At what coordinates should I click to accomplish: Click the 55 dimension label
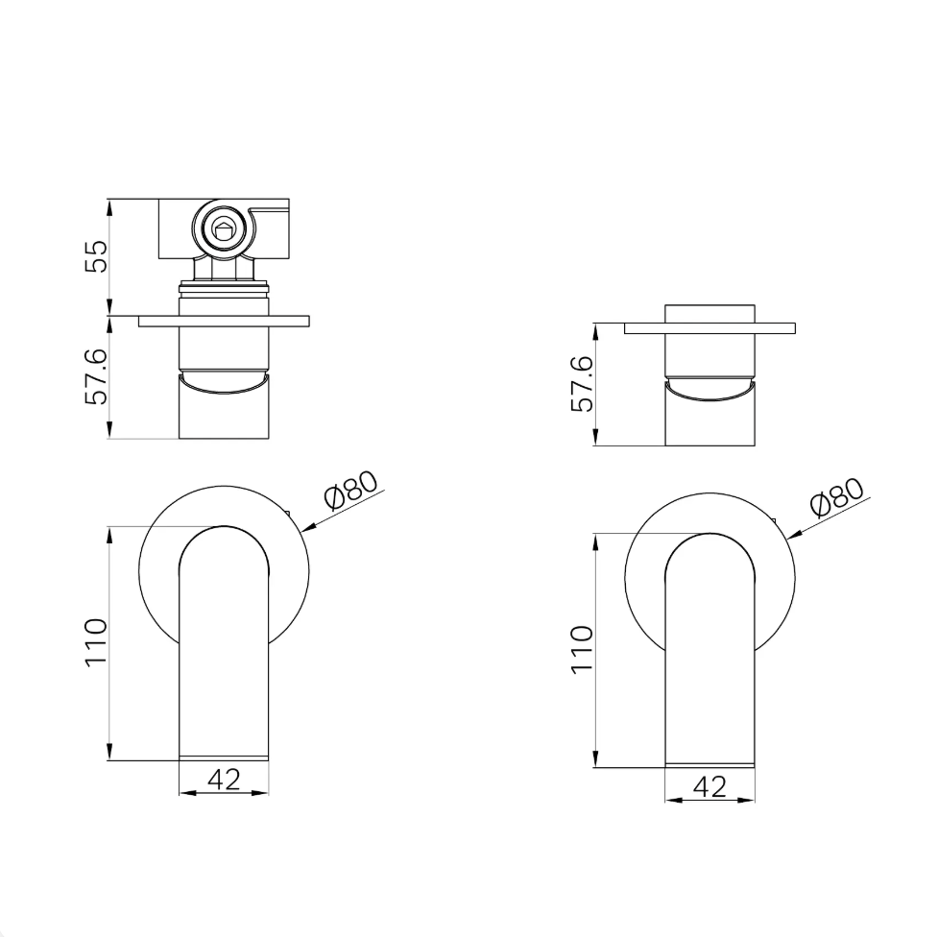tap(97, 256)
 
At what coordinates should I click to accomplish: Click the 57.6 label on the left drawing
tap(97, 376)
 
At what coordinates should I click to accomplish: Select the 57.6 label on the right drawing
tap(583, 383)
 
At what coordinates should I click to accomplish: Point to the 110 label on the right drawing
tap(583, 649)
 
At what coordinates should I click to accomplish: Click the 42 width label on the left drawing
tap(225, 779)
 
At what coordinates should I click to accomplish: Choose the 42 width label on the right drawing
tap(710, 786)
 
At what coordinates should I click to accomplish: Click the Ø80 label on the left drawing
tap(351, 490)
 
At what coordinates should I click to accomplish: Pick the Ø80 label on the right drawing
tap(837, 496)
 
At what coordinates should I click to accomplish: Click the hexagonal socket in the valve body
tap(225, 229)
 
